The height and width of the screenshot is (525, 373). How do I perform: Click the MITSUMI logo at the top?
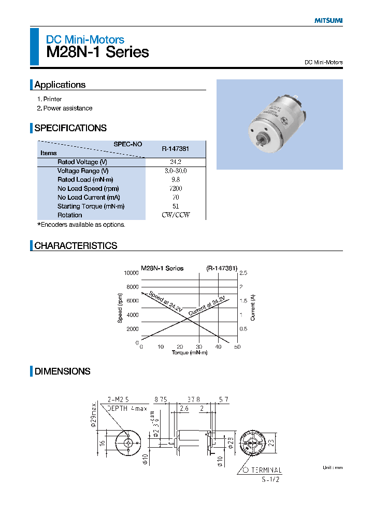tap(328, 21)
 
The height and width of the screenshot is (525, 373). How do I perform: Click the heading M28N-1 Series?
tap(97, 52)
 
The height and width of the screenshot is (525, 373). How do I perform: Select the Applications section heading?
tap(60, 85)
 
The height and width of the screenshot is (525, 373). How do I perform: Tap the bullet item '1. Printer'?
tap(49, 99)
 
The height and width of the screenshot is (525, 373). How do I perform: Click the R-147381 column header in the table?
tap(175, 148)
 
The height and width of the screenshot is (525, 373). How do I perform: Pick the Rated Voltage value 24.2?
tap(175, 162)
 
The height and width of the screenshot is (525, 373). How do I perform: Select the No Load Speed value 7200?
tap(175, 188)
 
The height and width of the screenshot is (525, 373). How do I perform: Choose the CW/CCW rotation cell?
tap(175, 215)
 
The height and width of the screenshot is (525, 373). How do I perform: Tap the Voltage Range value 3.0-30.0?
tap(175, 171)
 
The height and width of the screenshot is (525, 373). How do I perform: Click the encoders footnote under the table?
tap(81, 225)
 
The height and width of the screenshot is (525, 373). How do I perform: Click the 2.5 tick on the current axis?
tap(242, 272)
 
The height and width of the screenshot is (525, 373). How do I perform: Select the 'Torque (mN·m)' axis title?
tap(189, 353)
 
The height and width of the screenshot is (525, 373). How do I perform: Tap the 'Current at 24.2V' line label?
tap(207, 306)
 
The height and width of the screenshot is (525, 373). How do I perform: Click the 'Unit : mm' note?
tap(333, 467)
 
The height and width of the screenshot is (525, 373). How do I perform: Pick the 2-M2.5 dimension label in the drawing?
tap(117, 399)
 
